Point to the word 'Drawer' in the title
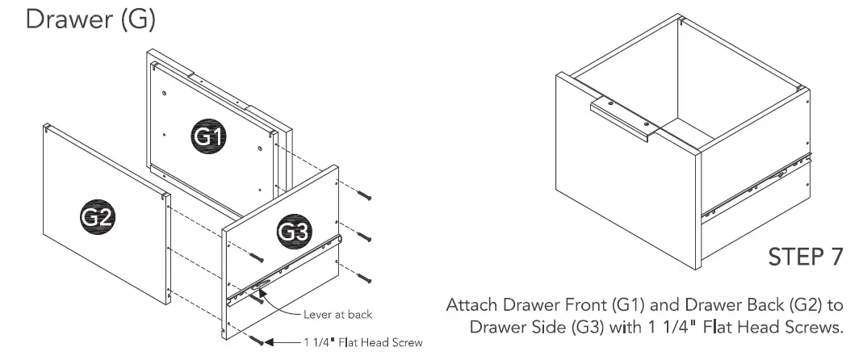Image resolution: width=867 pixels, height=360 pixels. point(64,19)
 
